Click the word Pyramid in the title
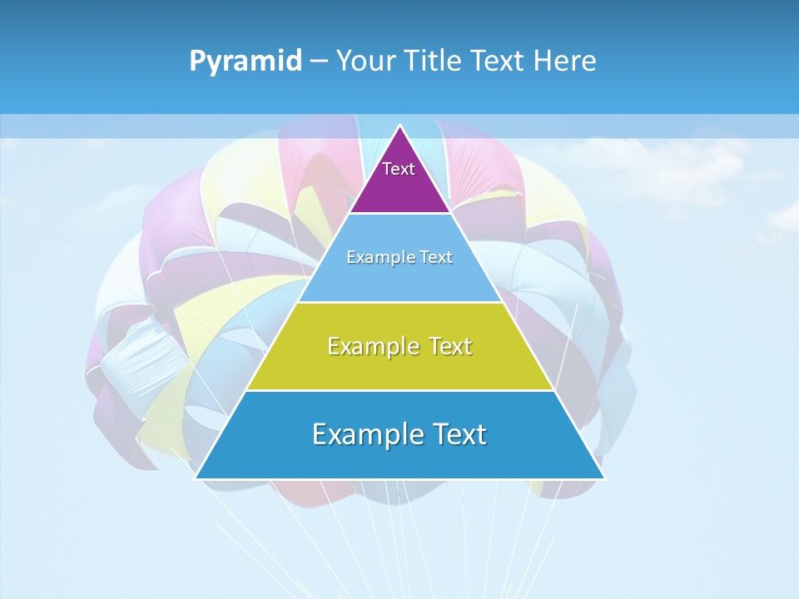click(x=246, y=62)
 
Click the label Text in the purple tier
click(x=399, y=169)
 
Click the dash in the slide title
click(x=318, y=62)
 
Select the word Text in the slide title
click(x=499, y=61)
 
